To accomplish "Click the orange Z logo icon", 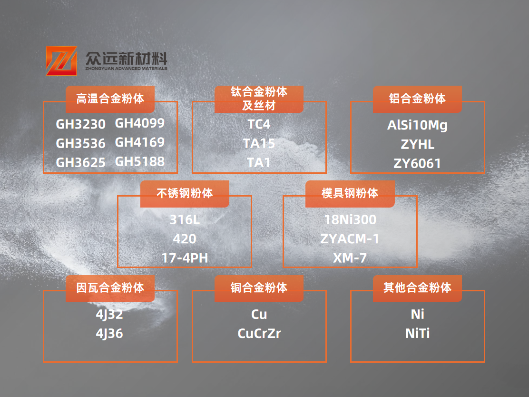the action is pyautogui.click(x=61, y=61).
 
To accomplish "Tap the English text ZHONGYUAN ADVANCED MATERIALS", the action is pyautogui.click(x=126, y=69).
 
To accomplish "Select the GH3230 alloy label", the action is pyautogui.click(x=80, y=124).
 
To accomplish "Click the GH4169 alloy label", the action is pyautogui.click(x=140, y=142).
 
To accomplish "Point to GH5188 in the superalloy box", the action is pyautogui.click(x=140, y=161).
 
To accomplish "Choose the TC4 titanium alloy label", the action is pyautogui.click(x=259, y=124).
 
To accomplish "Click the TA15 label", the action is pyautogui.click(x=259, y=143).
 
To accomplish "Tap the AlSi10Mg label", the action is pyautogui.click(x=417, y=125).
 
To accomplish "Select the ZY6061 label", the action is pyautogui.click(x=417, y=163).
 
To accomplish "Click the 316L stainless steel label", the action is pyautogui.click(x=185, y=220).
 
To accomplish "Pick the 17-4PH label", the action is pyautogui.click(x=185, y=258).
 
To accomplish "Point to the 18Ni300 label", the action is pyautogui.click(x=350, y=220).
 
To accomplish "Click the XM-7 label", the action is pyautogui.click(x=350, y=258).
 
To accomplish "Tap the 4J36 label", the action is pyautogui.click(x=109, y=334).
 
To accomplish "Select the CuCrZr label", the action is pyautogui.click(x=259, y=334).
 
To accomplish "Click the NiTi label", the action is pyautogui.click(x=417, y=334).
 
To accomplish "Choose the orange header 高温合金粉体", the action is pyautogui.click(x=110, y=99).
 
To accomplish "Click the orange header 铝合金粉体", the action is pyautogui.click(x=417, y=99).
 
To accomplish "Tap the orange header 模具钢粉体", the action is pyautogui.click(x=350, y=194).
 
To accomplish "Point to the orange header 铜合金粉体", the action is pyautogui.click(x=259, y=288).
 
